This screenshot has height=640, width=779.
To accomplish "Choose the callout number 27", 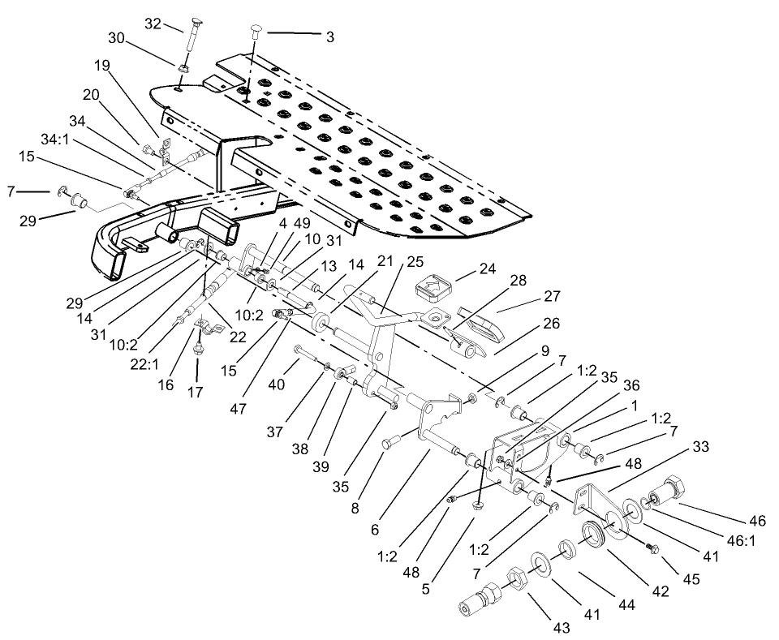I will tap(528, 296).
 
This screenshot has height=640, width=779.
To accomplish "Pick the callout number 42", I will tap(660, 591).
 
